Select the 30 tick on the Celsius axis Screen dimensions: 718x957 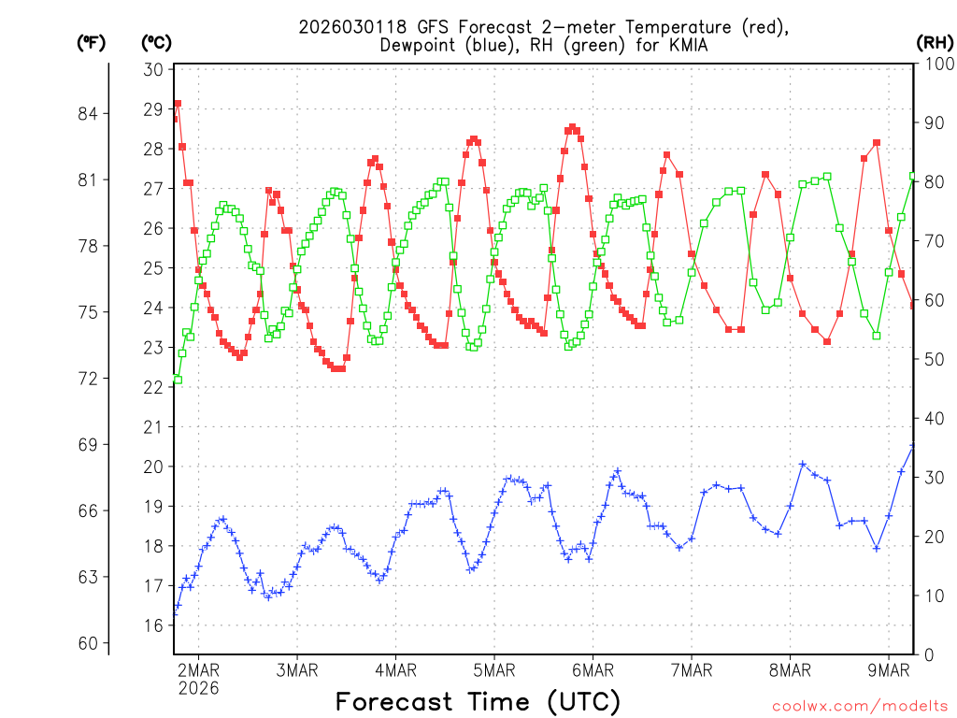(154, 70)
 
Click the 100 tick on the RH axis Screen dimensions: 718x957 (936, 64)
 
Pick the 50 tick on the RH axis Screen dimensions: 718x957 (932, 359)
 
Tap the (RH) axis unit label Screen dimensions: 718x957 (935, 42)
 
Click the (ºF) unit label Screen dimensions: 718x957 (92, 42)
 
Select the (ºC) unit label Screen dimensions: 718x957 (156, 42)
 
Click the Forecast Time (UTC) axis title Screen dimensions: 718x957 (478, 701)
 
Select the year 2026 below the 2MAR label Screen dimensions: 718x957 (197, 688)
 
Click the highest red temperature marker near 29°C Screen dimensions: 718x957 (178, 104)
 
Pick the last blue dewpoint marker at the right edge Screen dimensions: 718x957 (913, 446)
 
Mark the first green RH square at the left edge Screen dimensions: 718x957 (178, 380)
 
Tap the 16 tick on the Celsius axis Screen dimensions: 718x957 (154, 625)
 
